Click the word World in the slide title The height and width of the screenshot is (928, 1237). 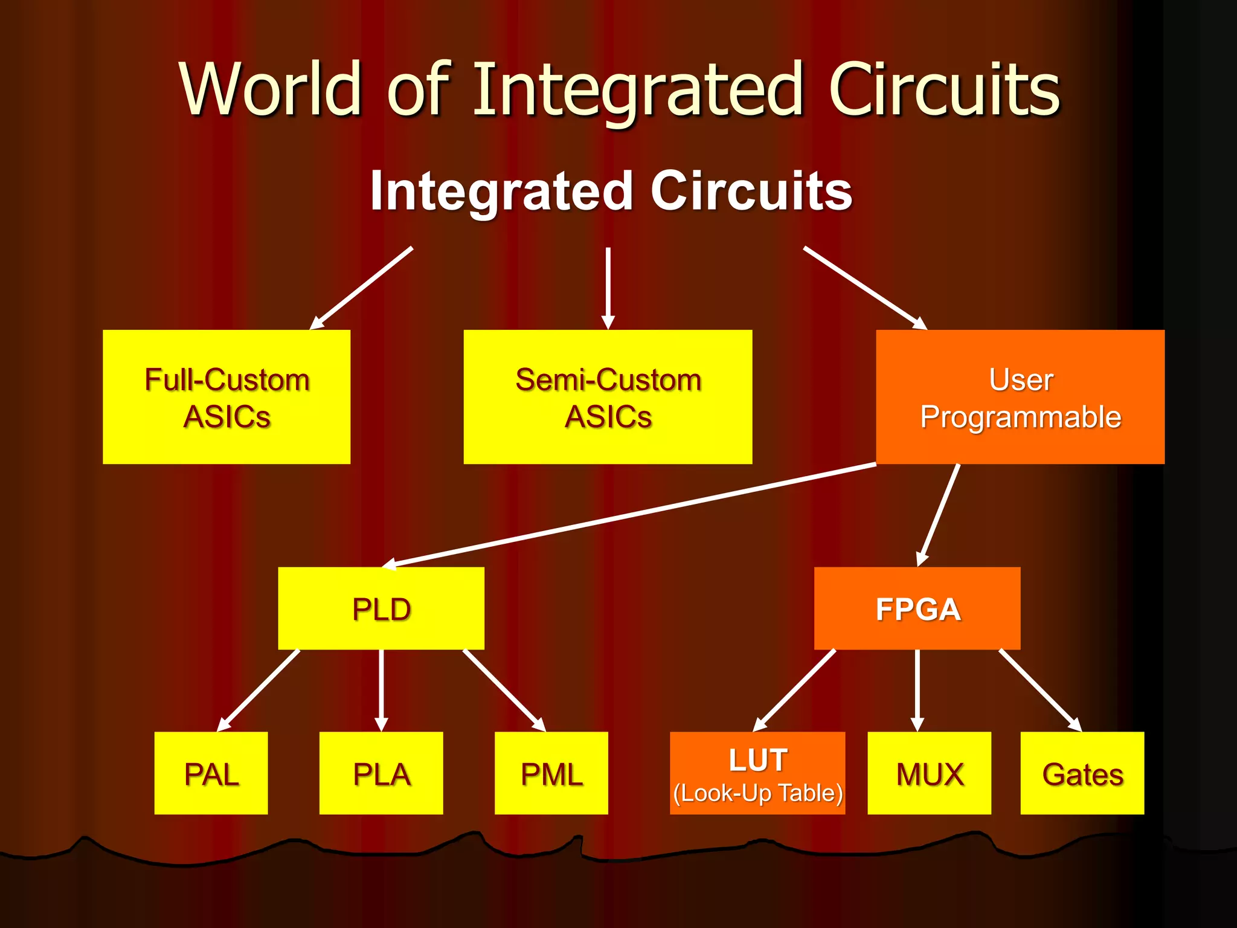[269, 89]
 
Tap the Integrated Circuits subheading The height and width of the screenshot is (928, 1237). [611, 191]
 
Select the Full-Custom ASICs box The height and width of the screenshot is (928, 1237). [227, 397]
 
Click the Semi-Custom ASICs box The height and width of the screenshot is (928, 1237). [608, 397]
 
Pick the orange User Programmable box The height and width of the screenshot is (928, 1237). [1020, 397]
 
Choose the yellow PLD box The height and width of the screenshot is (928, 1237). [381, 608]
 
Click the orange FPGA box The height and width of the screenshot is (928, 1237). [917, 608]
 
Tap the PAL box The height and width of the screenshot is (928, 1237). [211, 773]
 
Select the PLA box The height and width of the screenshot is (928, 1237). [381, 773]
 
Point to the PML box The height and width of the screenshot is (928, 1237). [551, 773]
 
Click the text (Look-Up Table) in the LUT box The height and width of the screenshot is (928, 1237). [757, 793]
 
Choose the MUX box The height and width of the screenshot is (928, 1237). [929, 773]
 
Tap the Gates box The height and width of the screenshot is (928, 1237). [1082, 773]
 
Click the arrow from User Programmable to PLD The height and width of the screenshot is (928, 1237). [628, 514]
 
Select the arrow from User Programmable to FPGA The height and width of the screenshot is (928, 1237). [939, 514]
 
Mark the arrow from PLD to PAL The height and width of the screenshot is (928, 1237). [259, 690]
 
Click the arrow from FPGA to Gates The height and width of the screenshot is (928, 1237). [1039, 690]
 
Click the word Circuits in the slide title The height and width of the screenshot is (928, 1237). [944, 89]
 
